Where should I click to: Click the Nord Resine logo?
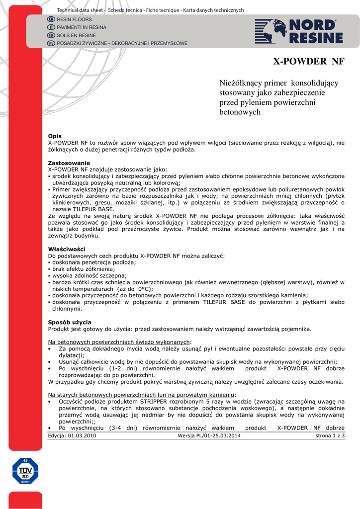pos(299,31)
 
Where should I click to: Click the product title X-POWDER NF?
pos(309,62)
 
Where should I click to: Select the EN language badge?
pos(51,19)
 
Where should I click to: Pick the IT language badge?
pos(51,27)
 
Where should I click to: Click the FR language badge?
pos(51,35)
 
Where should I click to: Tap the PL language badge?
pos(51,43)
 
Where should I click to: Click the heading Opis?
pos(55,136)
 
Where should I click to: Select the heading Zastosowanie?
pos(69,163)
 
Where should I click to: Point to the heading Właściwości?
pos(67,249)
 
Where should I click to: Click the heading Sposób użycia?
pos(70,322)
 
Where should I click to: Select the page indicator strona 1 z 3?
pos(330,436)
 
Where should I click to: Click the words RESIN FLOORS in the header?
pos(75,19)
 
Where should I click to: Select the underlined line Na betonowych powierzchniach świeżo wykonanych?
pos(119,342)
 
